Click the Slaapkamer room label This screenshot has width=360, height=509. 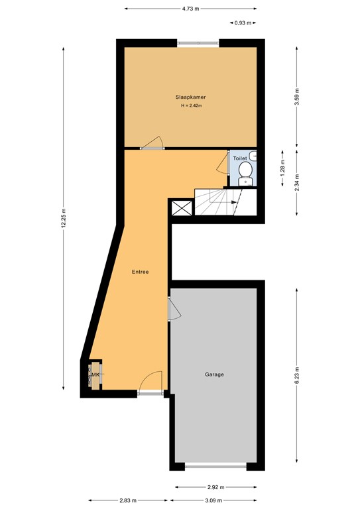pyautogui.click(x=190, y=97)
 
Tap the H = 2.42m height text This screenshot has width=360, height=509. pyautogui.click(x=190, y=106)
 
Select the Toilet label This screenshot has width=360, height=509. pyautogui.click(x=240, y=159)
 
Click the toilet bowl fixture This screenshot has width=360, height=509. pyautogui.click(x=245, y=176)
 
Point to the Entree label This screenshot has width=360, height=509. pyautogui.click(x=140, y=272)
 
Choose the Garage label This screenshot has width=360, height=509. pyautogui.click(x=214, y=374)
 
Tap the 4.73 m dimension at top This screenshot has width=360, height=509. pyautogui.click(x=190, y=9)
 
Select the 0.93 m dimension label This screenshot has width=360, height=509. pyautogui.click(x=243, y=23)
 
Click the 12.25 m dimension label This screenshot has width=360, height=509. pyautogui.click(x=64, y=217)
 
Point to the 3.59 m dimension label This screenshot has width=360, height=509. pyautogui.click(x=297, y=97)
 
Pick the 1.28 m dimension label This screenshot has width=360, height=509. pyautogui.click(x=282, y=161)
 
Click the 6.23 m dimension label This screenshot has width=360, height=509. pyautogui.click(x=297, y=375)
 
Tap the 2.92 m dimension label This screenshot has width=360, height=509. pyautogui.click(x=214, y=487)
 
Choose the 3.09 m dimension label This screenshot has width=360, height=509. pyautogui.click(x=214, y=500)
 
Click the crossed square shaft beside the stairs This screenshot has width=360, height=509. pyautogui.click(x=181, y=208)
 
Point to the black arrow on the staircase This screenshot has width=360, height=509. pyautogui.click(x=234, y=203)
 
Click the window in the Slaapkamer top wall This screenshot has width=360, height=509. pyautogui.click(x=199, y=43)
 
